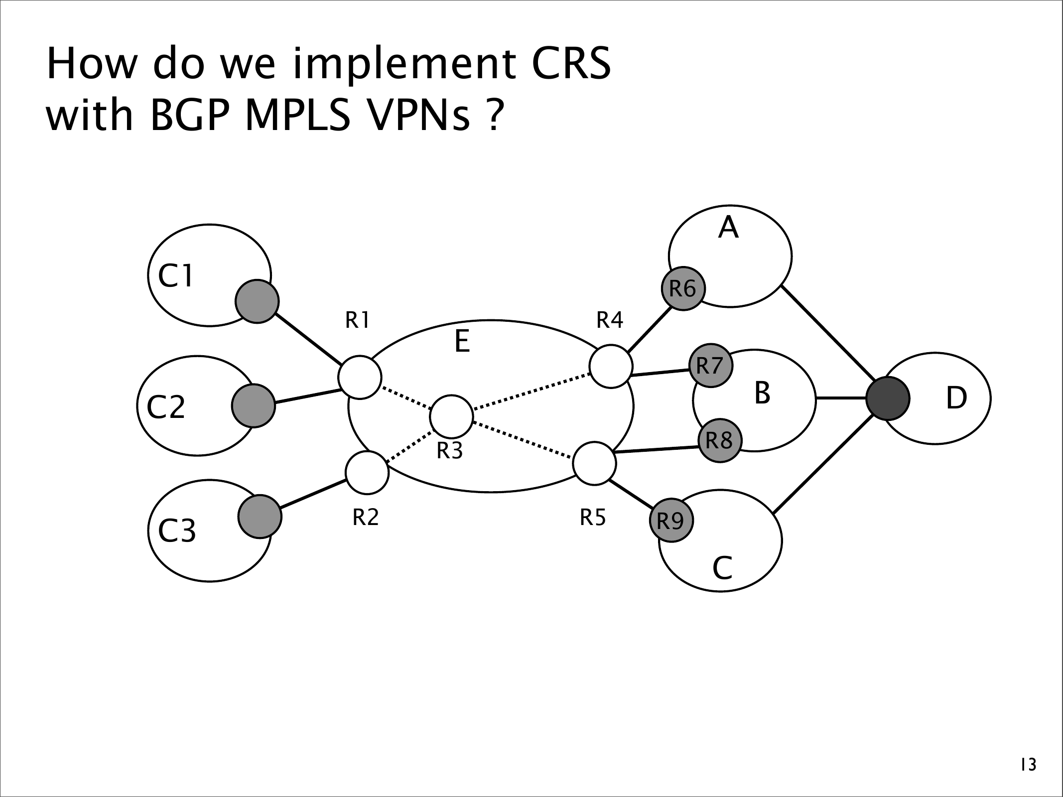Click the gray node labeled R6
(x=682, y=288)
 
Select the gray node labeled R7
(x=711, y=366)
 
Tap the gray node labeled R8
(x=720, y=441)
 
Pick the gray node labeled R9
(x=671, y=521)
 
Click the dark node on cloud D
(x=888, y=398)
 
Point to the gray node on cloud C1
(x=257, y=301)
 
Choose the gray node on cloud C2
(x=254, y=405)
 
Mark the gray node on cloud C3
(x=260, y=517)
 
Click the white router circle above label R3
(x=451, y=417)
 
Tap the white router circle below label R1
(x=360, y=377)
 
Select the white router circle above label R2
(x=367, y=472)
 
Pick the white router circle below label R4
(x=611, y=366)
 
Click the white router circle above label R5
(x=595, y=463)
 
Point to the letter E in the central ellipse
(x=463, y=342)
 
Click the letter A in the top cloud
(x=728, y=228)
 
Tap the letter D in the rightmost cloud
(x=956, y=398)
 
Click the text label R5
(x=593, y=519)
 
